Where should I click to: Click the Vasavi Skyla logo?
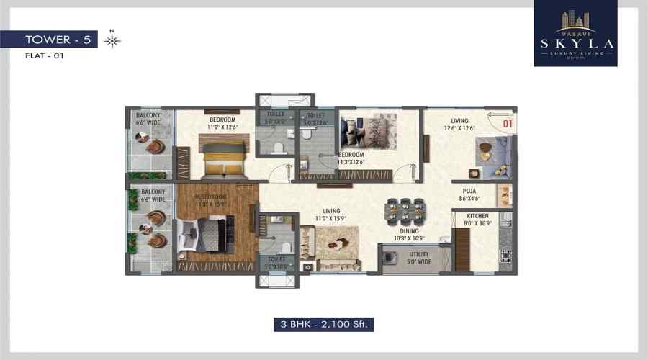575,34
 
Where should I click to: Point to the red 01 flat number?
507,123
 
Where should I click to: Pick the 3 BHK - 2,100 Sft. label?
323,324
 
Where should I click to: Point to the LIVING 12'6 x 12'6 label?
459,124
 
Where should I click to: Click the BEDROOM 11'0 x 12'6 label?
223,123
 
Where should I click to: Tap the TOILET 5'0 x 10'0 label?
276,263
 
